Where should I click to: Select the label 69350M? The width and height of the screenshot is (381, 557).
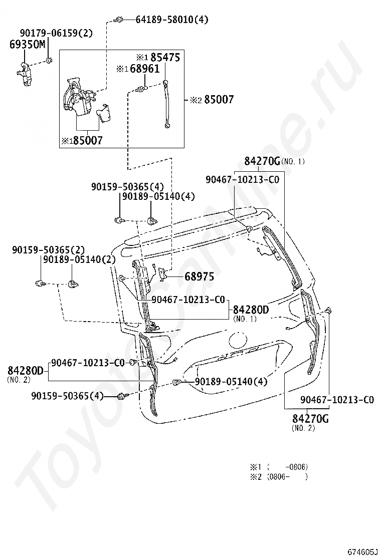point(27,44)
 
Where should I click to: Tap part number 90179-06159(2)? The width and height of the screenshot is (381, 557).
point(56,33)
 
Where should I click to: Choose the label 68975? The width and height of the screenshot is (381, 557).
point(199,276)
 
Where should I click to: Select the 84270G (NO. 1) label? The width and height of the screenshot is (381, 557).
point(274,161)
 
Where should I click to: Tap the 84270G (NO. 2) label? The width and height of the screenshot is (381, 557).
point(310,420)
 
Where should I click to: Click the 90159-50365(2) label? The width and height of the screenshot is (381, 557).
point(48,249)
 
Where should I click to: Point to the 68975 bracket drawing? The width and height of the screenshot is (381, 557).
point(163,274)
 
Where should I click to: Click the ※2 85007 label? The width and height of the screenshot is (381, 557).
point(212,100)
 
